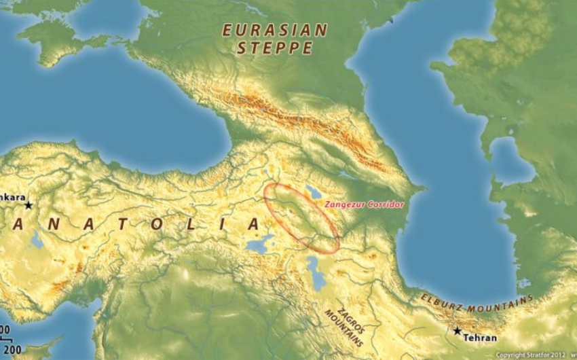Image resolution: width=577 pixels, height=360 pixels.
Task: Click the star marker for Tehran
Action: point(458,331)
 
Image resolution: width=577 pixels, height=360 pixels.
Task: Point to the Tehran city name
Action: point(481,338)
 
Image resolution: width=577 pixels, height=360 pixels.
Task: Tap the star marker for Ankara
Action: point(29,204)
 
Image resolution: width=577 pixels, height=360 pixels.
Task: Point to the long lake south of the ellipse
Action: point(314,272)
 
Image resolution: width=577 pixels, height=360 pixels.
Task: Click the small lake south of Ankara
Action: point(36,240)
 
